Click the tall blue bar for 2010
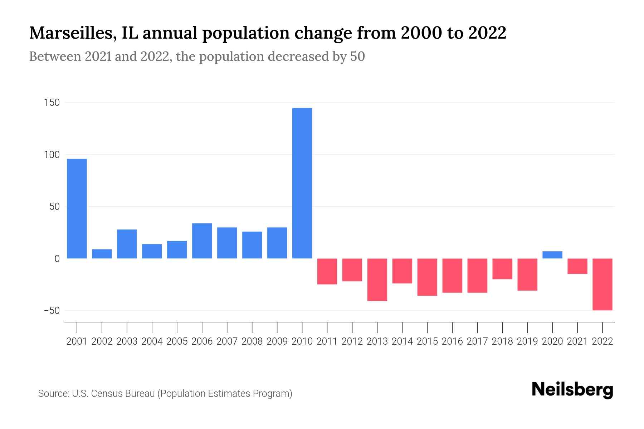click(x=302, y=183)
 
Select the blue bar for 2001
click(x=77, y=208)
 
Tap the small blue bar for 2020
click(x=552, y=255)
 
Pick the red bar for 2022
click(x=602, y=284)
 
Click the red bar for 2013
click(x=377, y=280)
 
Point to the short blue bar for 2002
click(x=102, y=254)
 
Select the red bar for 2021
click(x=577, y=266)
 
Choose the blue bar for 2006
click(x=202, y=241)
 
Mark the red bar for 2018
click(x=502, y=269)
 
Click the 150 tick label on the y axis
click(x=52, y=103)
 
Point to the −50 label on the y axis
click(x=52, y=310)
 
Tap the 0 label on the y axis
click(x=57, y=259)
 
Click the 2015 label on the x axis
click(x=427, y=341)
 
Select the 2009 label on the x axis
click(x=277, y=341)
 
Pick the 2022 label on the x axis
click(x=602, y=341)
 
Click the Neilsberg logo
click(x=572, y=390)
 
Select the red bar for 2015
click(x=427, y=277)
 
